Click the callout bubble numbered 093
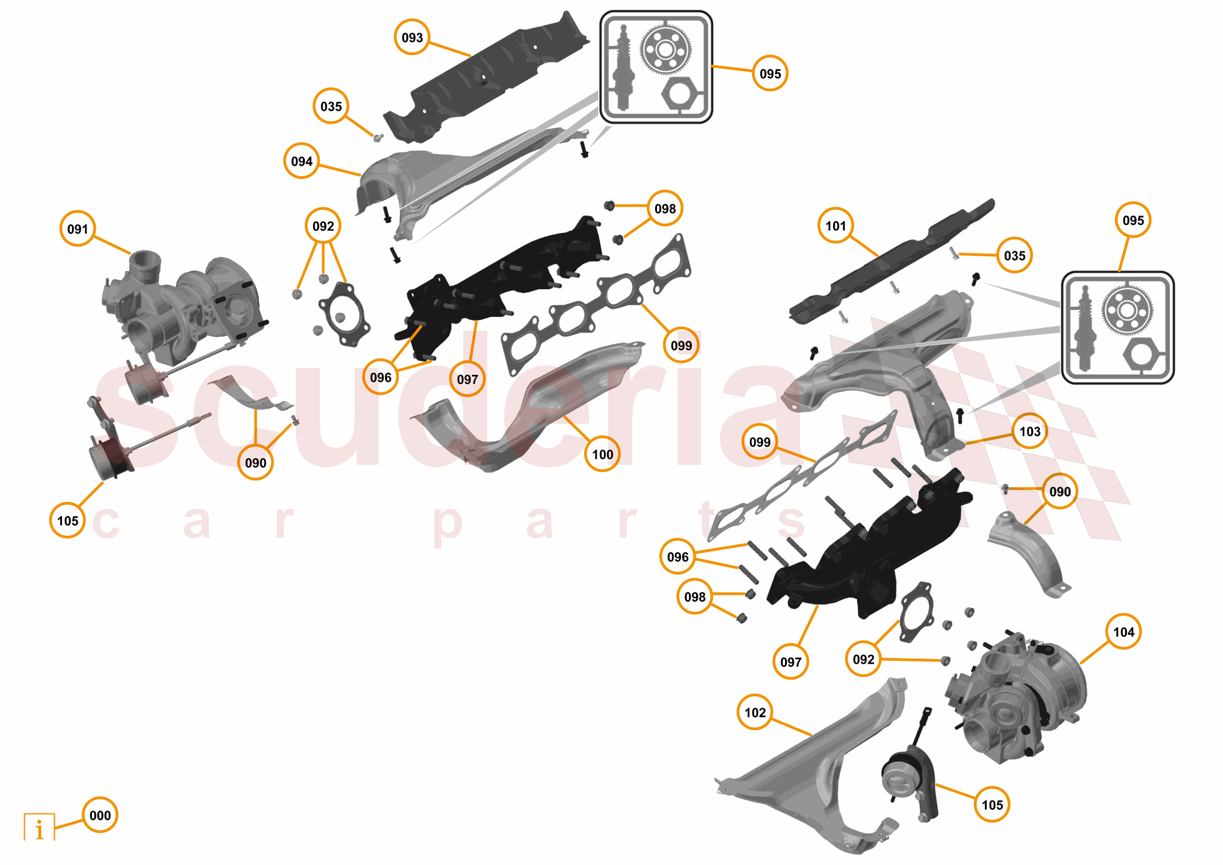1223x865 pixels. (x=412, y=37)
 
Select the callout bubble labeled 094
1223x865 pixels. (x=301, y=161)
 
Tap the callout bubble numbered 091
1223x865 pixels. (x=78, y=228)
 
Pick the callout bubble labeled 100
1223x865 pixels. (x=602, y=455)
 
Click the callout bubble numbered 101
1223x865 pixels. (x=835, y=226)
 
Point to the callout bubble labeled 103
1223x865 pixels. (x=1030, y=431)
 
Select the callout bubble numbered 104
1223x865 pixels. (x=1123, y=632)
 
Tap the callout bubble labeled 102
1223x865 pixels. (x=755, y=712)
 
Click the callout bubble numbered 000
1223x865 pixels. (x=100, y=815)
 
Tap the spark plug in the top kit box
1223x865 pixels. (x=623, y=69)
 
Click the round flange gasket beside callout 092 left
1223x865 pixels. (x=343, y=314)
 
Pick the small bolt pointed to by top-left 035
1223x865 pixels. (x=378, y=138)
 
